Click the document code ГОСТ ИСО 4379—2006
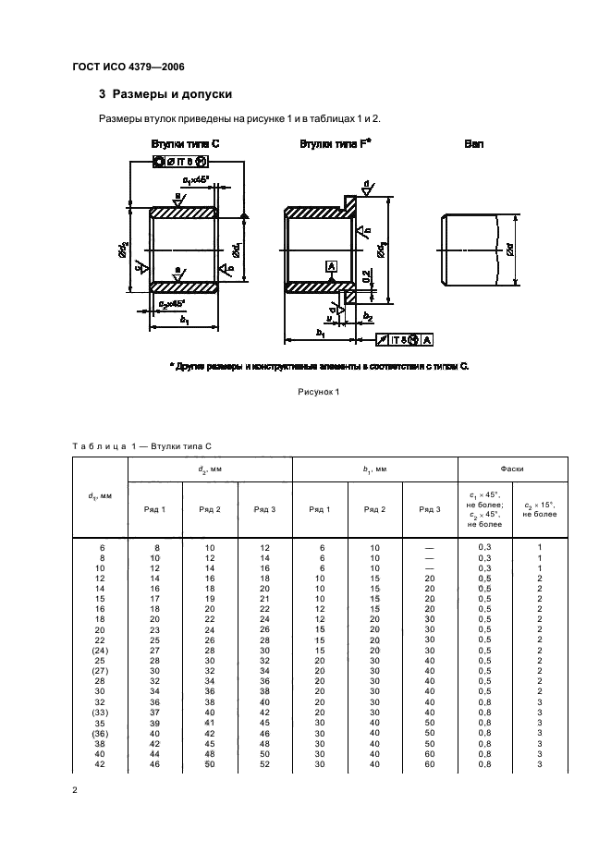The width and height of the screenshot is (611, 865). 134,66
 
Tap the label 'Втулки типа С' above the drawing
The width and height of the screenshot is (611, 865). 185,144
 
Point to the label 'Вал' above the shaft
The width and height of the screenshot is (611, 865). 474,144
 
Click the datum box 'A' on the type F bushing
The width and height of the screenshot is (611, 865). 329,266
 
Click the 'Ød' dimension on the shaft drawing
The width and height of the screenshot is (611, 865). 509,250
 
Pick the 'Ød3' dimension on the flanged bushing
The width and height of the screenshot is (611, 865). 381,250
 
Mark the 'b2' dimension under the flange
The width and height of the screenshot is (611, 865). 367,316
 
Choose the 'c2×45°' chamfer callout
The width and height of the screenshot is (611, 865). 172,303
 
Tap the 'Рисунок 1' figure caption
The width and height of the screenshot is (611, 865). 318,391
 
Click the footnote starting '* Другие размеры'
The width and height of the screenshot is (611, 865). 320,366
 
